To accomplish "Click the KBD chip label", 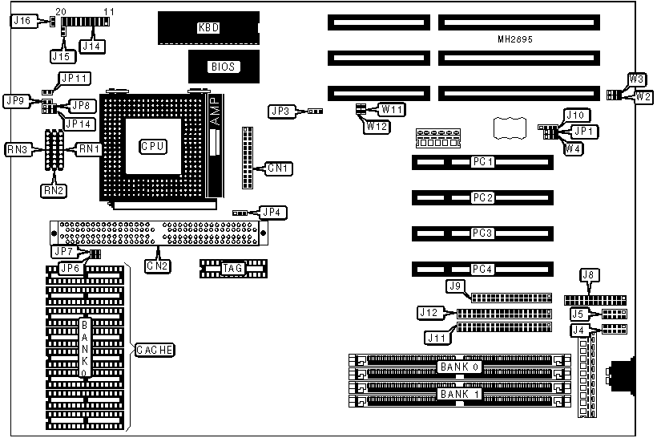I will (x=208, y=27).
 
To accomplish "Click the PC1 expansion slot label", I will (x=482, y=163).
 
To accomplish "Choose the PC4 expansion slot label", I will (x=482, y=270).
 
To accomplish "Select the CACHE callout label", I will (x=155, y=350).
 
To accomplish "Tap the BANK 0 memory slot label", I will (x=458, y=367).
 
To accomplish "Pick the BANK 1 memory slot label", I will (x=458, y=394).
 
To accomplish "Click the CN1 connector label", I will (x=280, y=168).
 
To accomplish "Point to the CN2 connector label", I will (x=157, y=265).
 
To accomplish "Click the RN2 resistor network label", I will (x=52, y=190).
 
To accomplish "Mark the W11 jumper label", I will (x=393, y=108).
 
